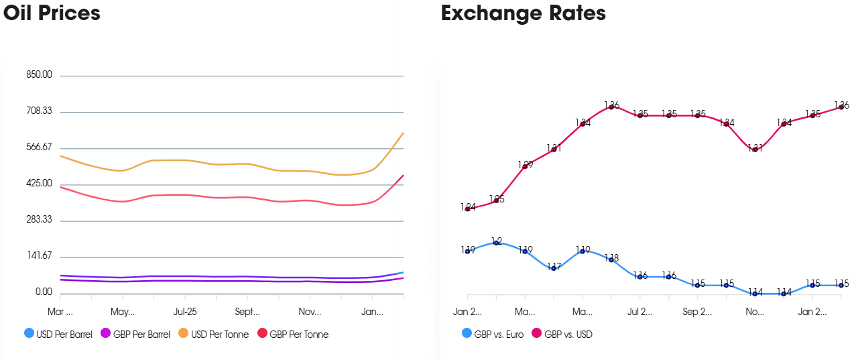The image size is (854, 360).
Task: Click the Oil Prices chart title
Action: (x=52, y=13)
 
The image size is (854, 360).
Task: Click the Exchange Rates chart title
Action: (x=523, y=13)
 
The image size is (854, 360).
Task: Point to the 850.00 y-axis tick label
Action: (x=39, y=75)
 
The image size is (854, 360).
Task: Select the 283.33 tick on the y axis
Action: (x=39, y=220)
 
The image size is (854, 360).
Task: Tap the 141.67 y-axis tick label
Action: (x=39, y=256)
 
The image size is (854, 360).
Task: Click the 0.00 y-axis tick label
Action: (x=43, y=292)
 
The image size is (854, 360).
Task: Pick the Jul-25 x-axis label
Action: (x=185, y=312)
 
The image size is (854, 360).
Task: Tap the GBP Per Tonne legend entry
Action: (x=292, y=334)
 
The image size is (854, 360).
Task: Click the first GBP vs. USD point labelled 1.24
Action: (x=467, y=209)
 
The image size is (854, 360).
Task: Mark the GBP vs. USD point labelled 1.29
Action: (x=525, y=166)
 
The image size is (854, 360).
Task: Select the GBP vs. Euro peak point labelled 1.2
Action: (x=496, y=243)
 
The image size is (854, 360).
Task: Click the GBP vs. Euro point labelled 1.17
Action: (x=554, y=268)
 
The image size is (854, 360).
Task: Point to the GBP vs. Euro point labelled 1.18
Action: (x=611, y=259)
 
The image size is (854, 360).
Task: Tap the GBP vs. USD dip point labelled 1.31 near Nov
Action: (x=755, y=149)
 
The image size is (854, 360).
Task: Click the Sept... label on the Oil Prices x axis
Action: (x=247, y=312)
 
